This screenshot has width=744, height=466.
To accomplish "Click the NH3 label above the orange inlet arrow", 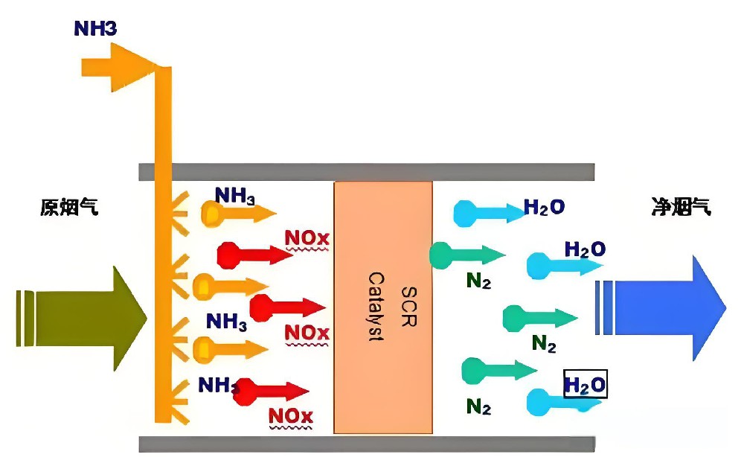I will (95, 29).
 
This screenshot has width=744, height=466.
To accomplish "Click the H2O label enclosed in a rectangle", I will (586, 385).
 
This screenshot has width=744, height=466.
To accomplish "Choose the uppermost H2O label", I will (544, 207).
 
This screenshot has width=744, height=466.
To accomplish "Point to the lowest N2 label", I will (478, 406).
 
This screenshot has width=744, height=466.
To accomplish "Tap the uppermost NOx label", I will (307, 240).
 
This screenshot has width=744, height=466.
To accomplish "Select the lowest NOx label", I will (290, 415).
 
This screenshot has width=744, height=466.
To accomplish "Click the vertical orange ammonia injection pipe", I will (163, 246).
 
